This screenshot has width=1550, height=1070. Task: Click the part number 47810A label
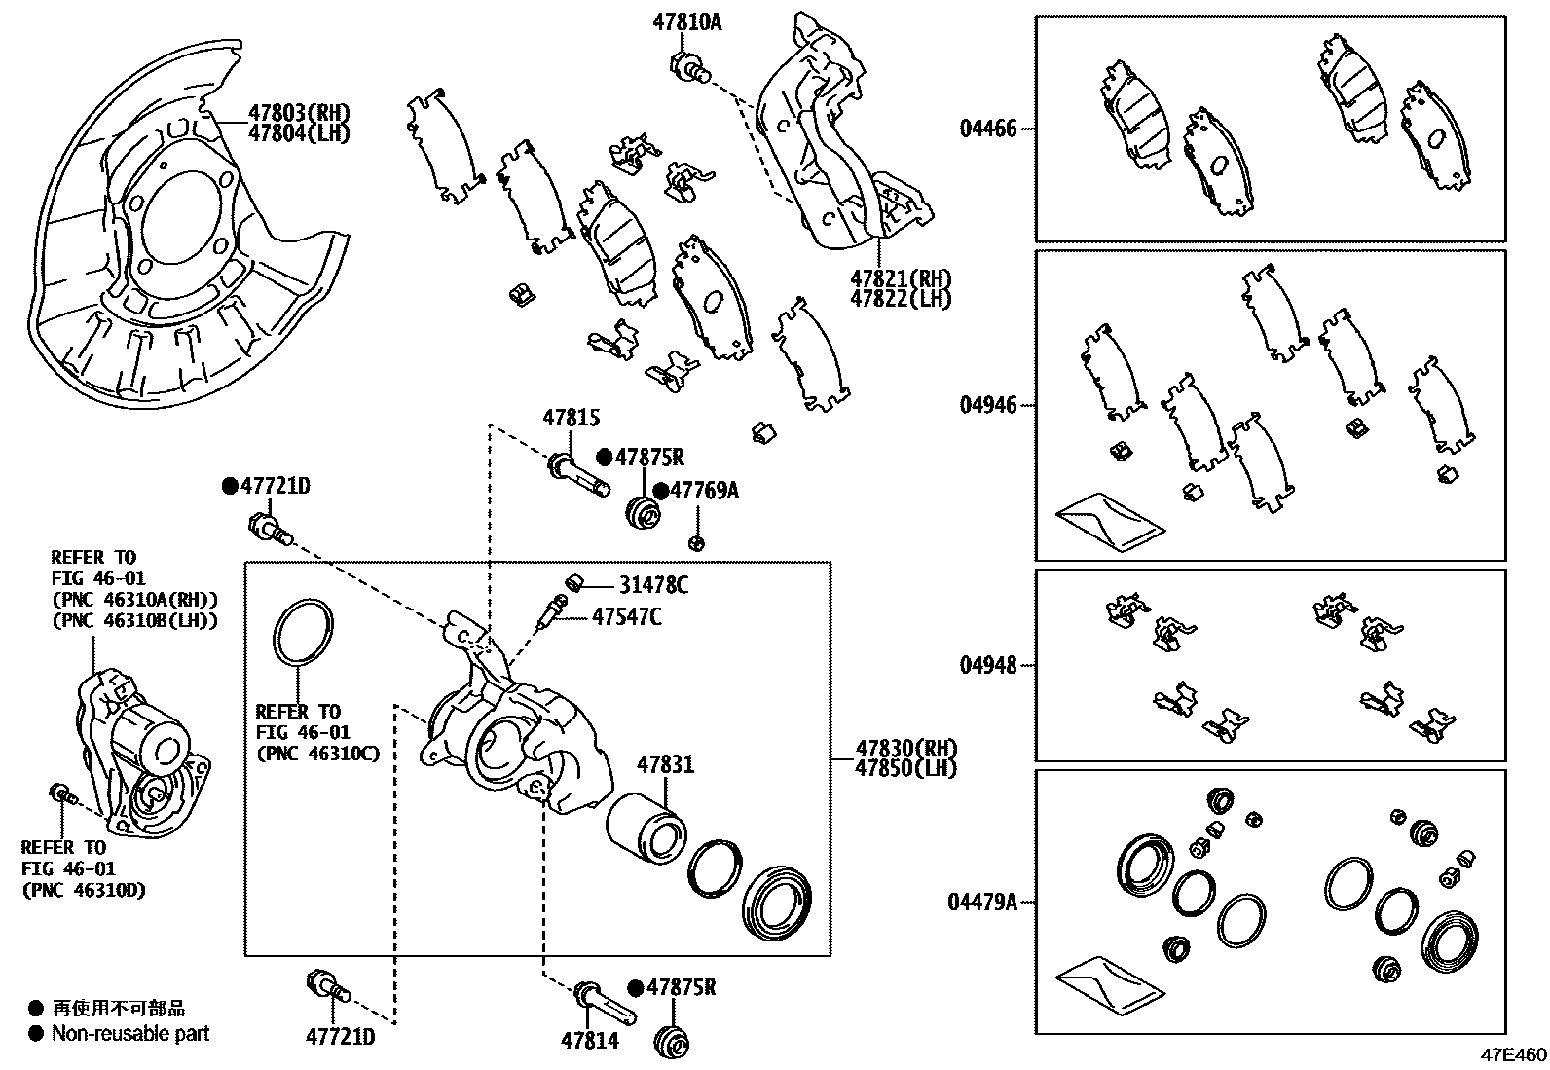coord(687,20)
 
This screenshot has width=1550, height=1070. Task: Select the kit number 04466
coord(987,129)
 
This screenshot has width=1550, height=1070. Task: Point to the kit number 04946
coord(987,405)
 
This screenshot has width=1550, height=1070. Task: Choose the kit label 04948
coord(987,665)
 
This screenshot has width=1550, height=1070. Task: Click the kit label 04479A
coord(982,903)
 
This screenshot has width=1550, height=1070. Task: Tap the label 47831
coord(666,765)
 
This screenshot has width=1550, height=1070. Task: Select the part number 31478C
coord(654,585)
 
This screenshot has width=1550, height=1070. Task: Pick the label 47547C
coord(627,616)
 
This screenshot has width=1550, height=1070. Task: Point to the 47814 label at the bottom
coord(589,1041)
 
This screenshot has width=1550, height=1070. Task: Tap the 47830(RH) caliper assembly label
coord(905,749)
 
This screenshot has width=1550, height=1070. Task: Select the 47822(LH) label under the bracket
coord(900,299)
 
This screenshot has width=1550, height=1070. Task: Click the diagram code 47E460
coord(1513,1055)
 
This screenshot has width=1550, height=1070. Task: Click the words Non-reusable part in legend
coord(130,1034)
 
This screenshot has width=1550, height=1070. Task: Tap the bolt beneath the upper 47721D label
coord(270,530)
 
